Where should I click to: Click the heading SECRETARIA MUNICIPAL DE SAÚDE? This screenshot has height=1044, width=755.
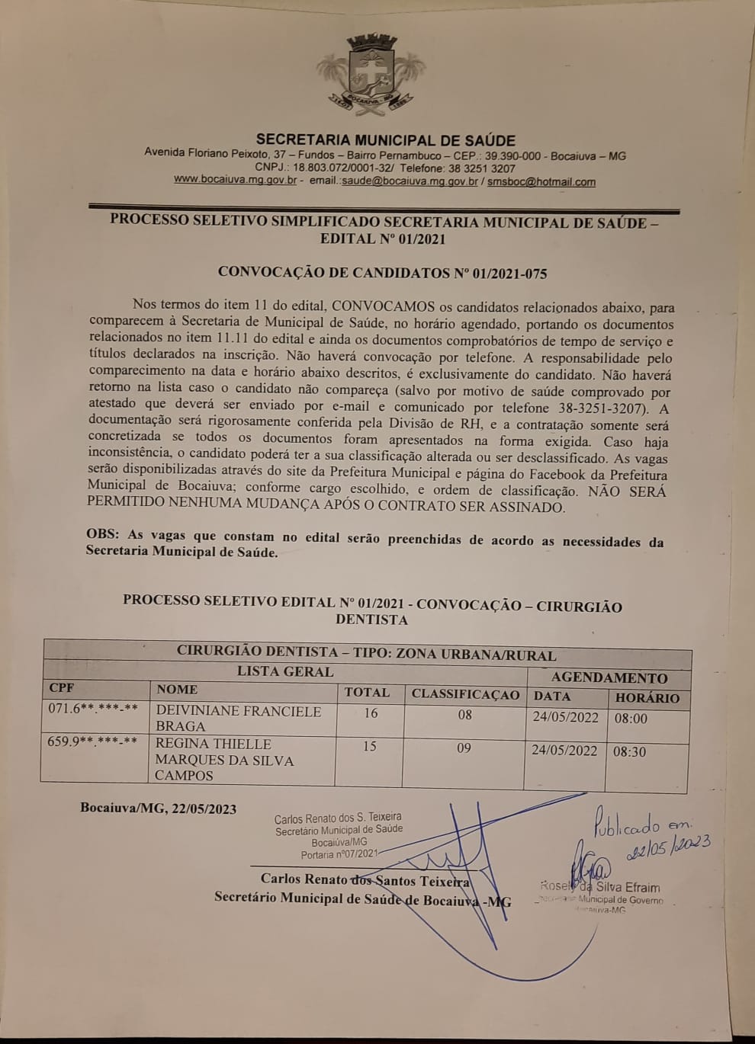385,140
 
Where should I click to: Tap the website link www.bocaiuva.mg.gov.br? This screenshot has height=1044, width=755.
235,181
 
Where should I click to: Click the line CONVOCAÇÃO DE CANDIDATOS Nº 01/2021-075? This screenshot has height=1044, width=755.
382,273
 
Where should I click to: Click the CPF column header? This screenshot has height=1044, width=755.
63,688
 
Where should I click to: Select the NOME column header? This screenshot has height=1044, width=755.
177,690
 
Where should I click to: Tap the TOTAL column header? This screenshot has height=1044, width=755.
367,693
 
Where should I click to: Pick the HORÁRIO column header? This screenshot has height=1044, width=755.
647,697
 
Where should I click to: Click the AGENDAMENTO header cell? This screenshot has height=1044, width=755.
609,677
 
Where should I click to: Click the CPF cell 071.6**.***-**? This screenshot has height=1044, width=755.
93,709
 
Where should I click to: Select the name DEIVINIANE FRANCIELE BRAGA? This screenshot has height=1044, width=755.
238,719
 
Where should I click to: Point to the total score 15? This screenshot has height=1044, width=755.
369,746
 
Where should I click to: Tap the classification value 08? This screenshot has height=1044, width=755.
464,715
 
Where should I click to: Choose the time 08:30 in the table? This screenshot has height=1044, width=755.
629,751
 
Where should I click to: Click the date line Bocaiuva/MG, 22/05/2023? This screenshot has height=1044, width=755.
158,809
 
